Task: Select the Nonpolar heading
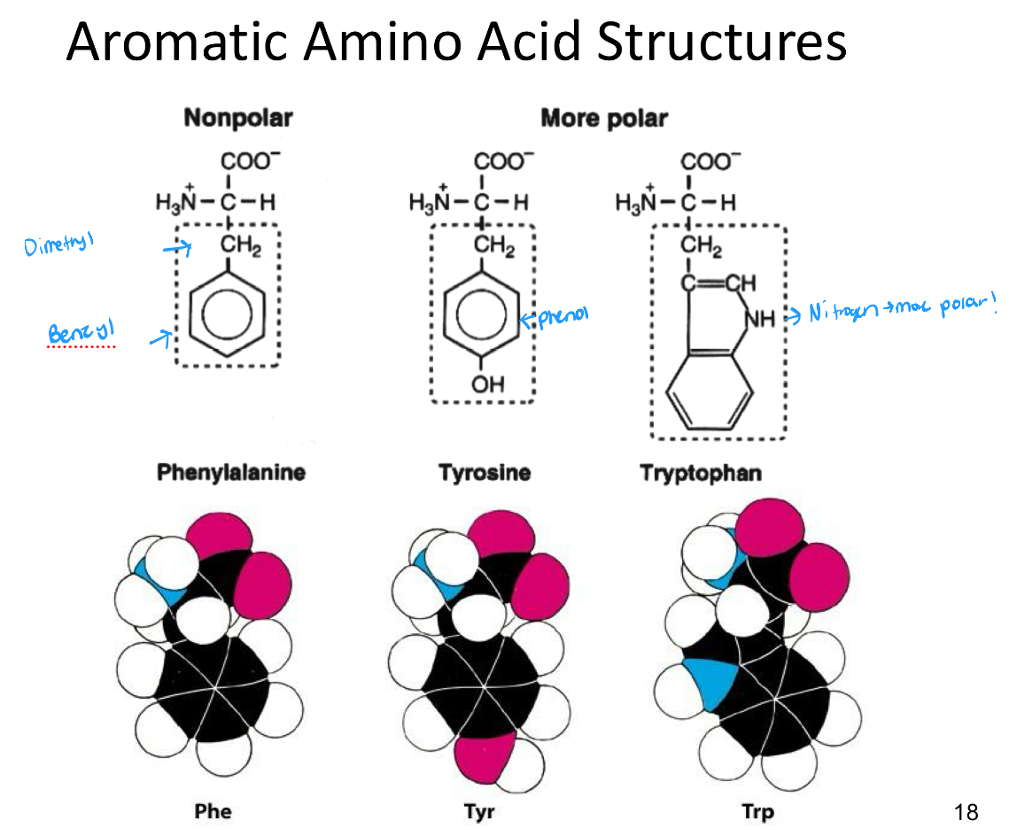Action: click(x=237, y=118)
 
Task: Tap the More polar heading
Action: click(x=604, y=118)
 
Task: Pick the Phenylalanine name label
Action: click(x=231, y=472)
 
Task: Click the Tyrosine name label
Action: click(x=484, y=472)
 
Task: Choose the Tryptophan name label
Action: click(x=701, y=472)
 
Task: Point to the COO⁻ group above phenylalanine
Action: click(x=250, y=162)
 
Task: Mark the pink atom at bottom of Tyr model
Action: click(x=482, y=758)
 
